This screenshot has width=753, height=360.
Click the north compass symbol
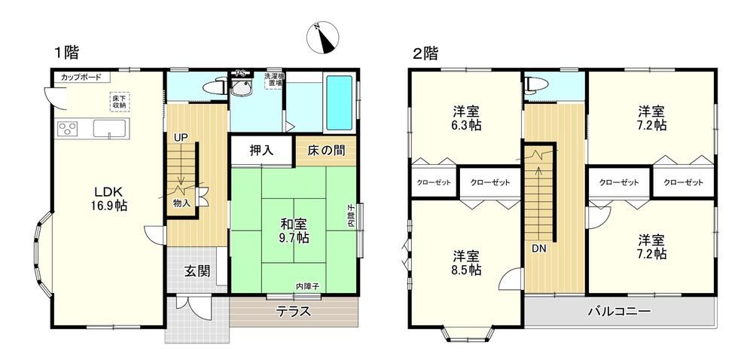(x=323, y=38)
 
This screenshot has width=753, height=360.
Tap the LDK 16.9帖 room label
(x=111, y=199)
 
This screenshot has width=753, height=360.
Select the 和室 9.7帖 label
(x=295, y=230)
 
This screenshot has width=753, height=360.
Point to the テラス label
(x=294, y=312)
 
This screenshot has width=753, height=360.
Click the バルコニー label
(x=619, y=312)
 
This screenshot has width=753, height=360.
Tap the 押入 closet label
(x=262, y=151)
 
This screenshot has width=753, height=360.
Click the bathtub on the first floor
(x=340, y=102)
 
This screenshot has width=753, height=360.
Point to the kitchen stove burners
(x=68, y=130)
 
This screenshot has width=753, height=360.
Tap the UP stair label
(x=181, y=137)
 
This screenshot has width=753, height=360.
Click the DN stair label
(x=538, y=249)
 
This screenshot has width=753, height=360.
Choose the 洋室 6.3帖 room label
(x=466, y=118)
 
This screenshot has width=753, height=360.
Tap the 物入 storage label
(x=181, y=203)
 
